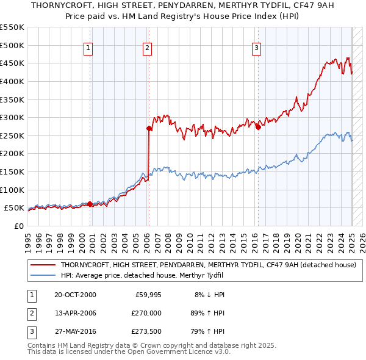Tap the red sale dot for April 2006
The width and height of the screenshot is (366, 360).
149,128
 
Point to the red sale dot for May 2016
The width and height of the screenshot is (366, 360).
258,127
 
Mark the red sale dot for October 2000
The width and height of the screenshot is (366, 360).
90,204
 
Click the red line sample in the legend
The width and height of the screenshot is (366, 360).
43,265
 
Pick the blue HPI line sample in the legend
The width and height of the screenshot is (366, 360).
43,275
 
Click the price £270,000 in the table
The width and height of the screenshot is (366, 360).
147,313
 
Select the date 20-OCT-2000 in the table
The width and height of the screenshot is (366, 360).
75,295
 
